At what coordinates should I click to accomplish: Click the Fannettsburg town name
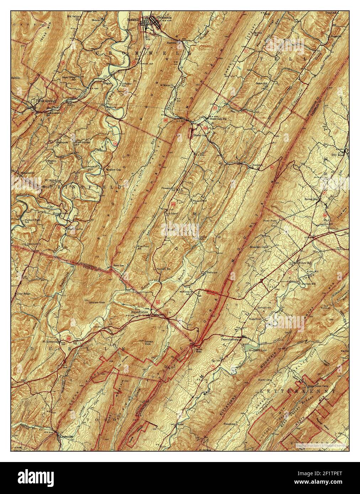(x=230, y=339)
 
